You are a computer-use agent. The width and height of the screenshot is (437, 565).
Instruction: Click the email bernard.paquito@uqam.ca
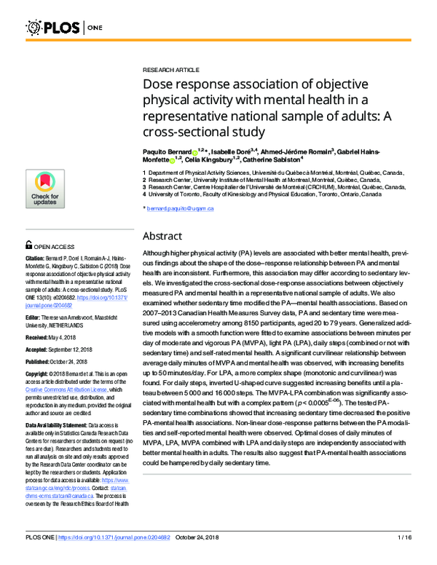click(x=180, y=208)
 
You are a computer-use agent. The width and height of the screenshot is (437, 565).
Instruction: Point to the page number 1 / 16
click(x=404, y=557)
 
